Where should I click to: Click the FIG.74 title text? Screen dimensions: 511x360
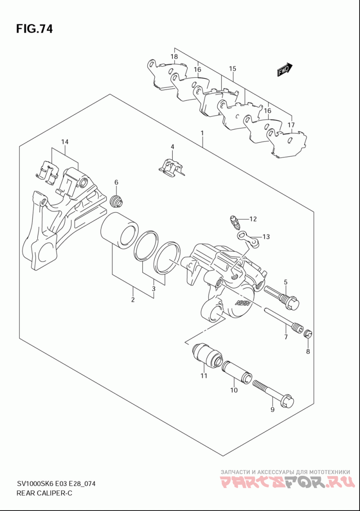tap(34, 29)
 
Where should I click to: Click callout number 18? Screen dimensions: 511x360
tap(174, 57)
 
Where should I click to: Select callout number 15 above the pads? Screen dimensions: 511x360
tap(232, 69)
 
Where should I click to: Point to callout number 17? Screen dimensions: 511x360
tap(291, 125)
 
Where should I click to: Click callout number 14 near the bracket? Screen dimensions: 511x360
tap(65, 142)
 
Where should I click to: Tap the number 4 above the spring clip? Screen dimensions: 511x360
tap(172, 147)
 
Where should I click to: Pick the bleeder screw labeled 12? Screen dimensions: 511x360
tap(235, 221)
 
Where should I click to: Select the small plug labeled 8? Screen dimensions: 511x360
tap(307, 334)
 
